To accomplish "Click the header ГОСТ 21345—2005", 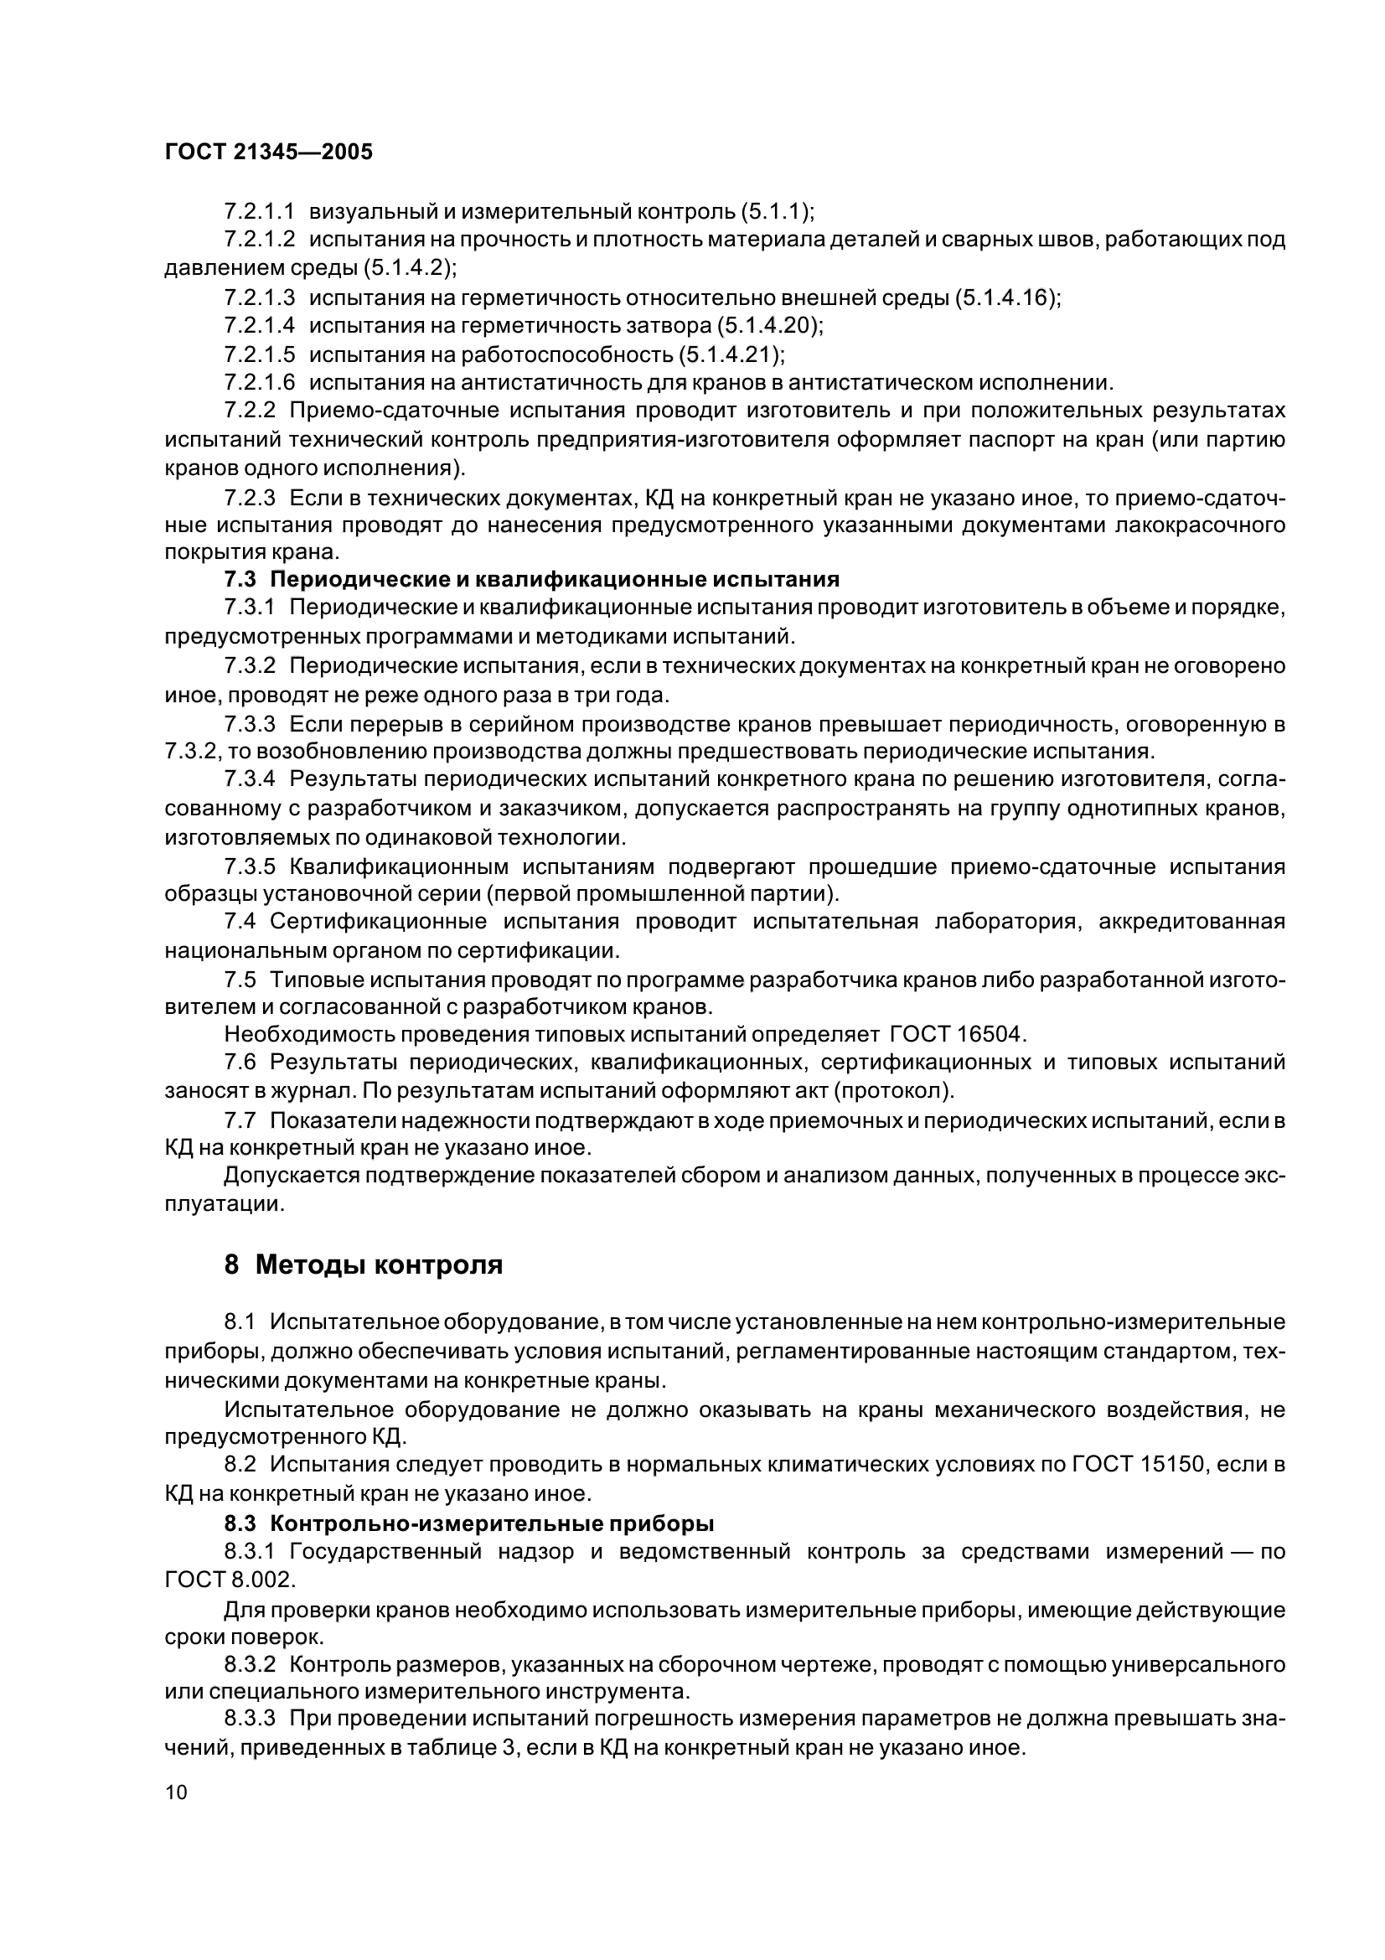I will coord(268,152).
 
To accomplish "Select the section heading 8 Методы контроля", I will coord(363,1265).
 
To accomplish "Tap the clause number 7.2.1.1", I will coord(260,211).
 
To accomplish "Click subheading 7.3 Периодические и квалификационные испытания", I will coord(532,580).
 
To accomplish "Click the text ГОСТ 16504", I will coord(956,1035).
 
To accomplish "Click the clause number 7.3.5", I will coord(250,868).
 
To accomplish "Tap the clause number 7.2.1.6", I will coord(260,382).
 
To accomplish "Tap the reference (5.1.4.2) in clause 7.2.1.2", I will coord(409,268).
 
